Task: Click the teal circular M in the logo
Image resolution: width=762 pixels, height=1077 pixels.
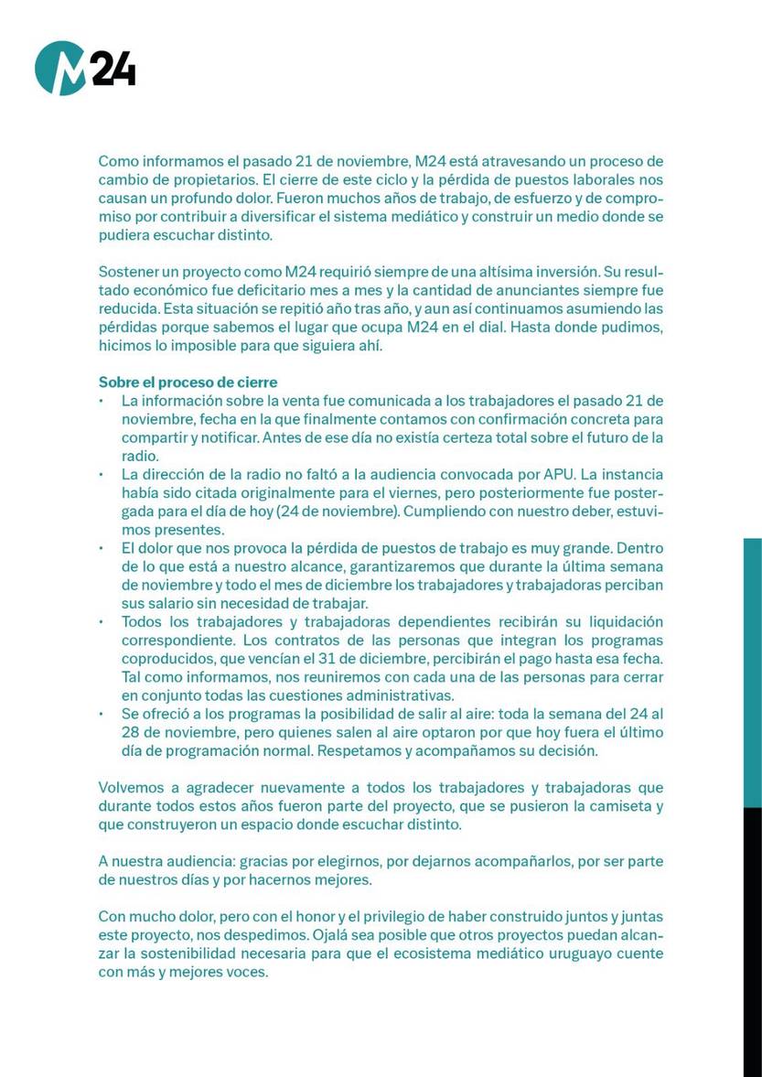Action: (60, 68)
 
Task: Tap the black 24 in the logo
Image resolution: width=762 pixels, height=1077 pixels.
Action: (113, 70)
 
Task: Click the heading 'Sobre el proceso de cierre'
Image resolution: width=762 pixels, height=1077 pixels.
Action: (188, 382)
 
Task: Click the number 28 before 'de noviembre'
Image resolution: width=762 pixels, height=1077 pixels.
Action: (131, 732)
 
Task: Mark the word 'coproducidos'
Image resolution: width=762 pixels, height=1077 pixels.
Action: (164, 659)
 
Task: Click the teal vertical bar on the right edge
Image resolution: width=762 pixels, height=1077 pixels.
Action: (752, 673)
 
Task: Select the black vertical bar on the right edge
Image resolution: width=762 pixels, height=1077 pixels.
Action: (752, 942)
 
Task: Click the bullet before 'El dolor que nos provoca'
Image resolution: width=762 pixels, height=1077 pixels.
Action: (102, 549)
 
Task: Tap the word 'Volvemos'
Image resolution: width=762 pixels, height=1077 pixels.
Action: (131, 788)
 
